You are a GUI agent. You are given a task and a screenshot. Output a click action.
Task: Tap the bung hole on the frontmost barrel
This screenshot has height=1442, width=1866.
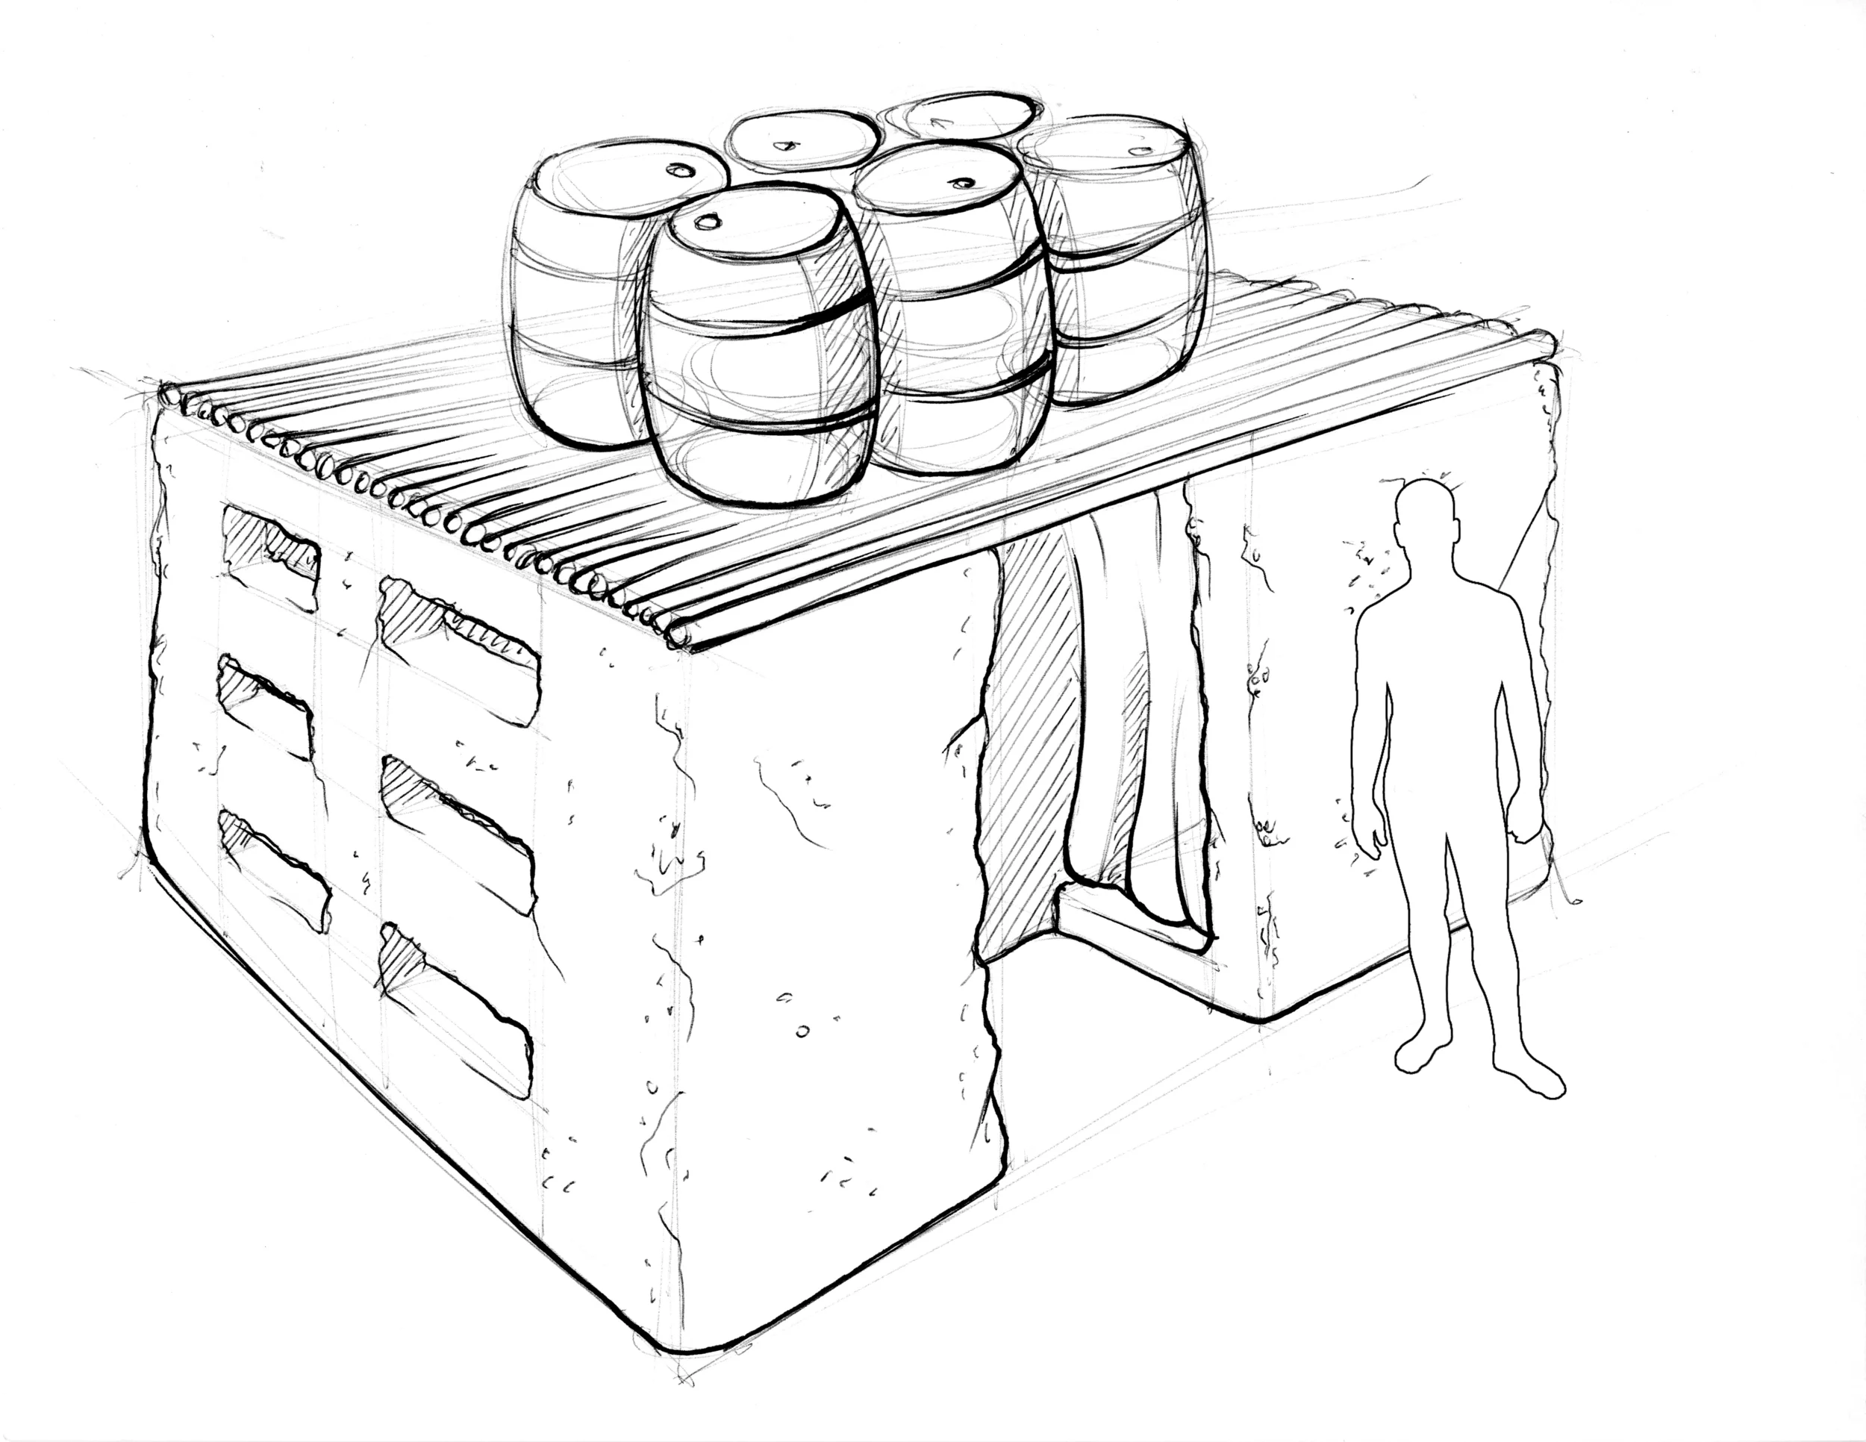pyautogui.click(x=708, y=222)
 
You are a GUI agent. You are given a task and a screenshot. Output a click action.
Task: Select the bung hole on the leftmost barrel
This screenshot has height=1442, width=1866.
pyautogui.click(x=680, y=170)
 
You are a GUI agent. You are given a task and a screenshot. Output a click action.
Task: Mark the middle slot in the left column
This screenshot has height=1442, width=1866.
pyautogui.click(x=265, y=705)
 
